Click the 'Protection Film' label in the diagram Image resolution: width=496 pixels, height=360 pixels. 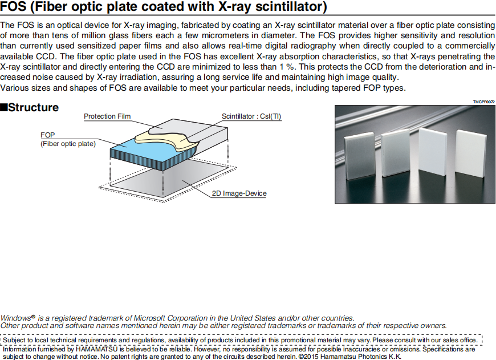click(x=107, y=116)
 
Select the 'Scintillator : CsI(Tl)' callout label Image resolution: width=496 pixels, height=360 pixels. click(x=251, y=116)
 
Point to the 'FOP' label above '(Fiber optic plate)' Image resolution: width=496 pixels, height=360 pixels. click(x=47, y=135)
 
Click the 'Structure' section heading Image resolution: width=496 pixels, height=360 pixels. click(x=33, y=107)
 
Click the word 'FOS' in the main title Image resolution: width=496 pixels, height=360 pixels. click(x=13, y=8)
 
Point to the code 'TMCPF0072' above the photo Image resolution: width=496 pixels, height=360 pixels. click(x=483, y=102)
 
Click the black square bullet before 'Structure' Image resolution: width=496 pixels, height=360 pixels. click(x=4, y=107)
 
